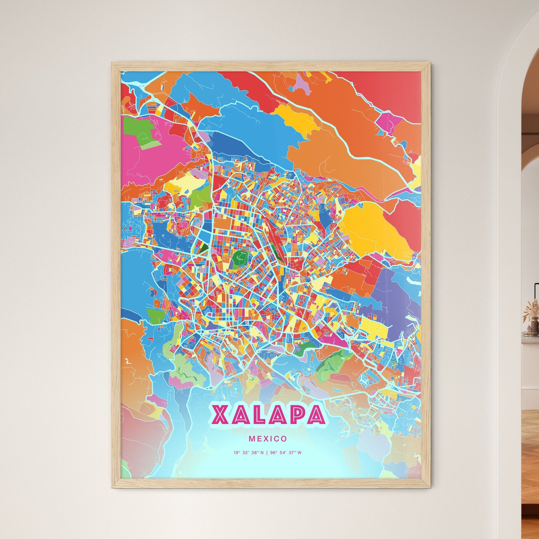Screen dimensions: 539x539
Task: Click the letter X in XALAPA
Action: (220, 415)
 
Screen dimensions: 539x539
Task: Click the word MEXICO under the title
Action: (268, 439)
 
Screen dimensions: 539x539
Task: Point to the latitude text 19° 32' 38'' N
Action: (248, 453)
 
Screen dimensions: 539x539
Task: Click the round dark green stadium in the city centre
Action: (241, 257)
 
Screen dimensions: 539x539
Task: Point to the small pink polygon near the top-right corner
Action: (388, 122)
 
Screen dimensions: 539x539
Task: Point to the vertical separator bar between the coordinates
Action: (267, 453)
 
